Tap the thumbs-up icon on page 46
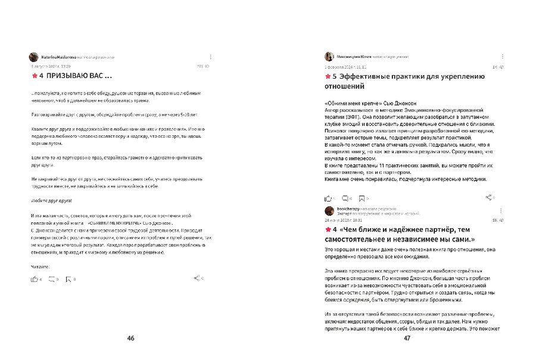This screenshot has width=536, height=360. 34,278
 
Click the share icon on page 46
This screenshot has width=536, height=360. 197,278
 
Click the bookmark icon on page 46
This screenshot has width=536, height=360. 68,278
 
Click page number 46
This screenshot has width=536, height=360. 131,338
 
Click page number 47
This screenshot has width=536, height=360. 407,338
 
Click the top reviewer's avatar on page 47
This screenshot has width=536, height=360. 329,57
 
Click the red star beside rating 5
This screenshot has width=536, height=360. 328,76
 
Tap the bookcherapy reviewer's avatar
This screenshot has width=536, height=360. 329,211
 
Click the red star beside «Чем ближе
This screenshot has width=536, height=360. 328,229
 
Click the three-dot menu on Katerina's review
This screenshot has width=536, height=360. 210,57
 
